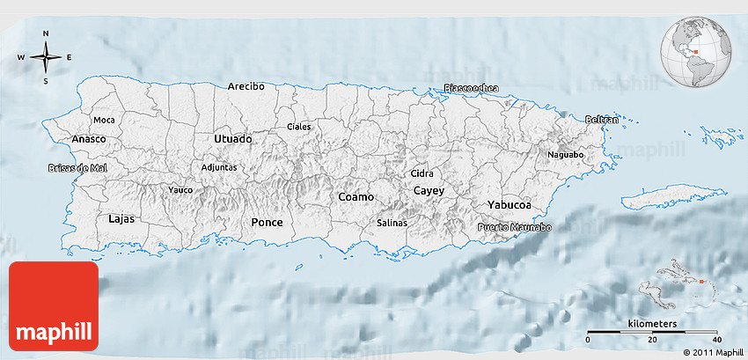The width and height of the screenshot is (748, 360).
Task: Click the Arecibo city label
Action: click(x=246, y=86)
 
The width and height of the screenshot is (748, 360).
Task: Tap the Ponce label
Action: click(x=268, y=223)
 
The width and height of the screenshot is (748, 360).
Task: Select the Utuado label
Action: click(x=232, y=139)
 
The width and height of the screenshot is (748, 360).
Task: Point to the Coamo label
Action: click(x=356, y=197)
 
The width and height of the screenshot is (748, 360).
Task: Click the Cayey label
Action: click(x=429, y=191)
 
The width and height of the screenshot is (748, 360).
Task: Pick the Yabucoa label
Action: click(x=510, y=205)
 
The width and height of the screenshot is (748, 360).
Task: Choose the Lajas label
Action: click(x=121, y=218)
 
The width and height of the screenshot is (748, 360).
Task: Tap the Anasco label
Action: click(x=89, y=139)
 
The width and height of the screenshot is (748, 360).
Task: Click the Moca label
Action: click(x=104, y=120)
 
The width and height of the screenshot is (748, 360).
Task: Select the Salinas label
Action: click(x=392, y=224)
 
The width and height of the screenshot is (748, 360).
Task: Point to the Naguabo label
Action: click(x=566, y=155)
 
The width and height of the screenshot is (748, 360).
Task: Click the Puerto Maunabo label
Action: click(x=515, y=228)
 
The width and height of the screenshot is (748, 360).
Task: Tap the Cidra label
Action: click(x=422, y=173)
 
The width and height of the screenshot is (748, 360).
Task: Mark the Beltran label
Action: click(x=602, y=119)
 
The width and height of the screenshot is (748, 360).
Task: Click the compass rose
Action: click(x=46, y=57)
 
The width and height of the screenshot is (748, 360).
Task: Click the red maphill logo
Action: click(x=53, y=307)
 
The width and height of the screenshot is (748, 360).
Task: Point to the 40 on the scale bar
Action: click(x=716, y=341)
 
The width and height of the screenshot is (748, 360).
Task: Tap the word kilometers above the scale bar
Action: click(x=652, y=325)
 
